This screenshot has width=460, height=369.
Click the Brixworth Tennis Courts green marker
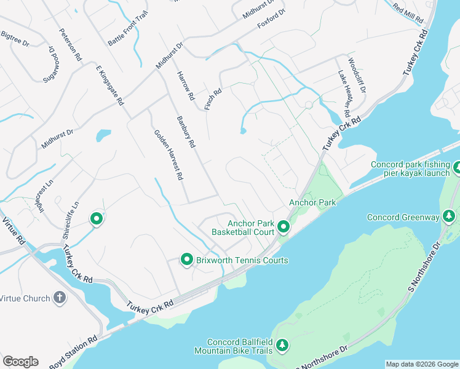click(187, 260)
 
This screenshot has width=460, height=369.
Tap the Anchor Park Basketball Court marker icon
click(284, 228)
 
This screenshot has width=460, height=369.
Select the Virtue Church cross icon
click(60, 298)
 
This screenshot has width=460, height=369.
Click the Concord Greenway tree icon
click(450, 216)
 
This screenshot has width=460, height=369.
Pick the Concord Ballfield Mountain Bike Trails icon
click(282, 346)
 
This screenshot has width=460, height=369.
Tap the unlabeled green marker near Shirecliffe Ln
click(96, 218)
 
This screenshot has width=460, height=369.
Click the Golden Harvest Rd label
click(169, 154)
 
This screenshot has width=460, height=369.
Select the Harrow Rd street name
click(185, 85)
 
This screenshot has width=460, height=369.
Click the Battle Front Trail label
click(129, 31)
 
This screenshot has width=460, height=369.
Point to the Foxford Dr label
click(271, 18)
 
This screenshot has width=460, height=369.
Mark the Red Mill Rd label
click(408, 14)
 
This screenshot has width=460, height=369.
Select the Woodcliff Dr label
click(357, 76)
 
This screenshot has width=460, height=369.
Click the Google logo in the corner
click(20, 361)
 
